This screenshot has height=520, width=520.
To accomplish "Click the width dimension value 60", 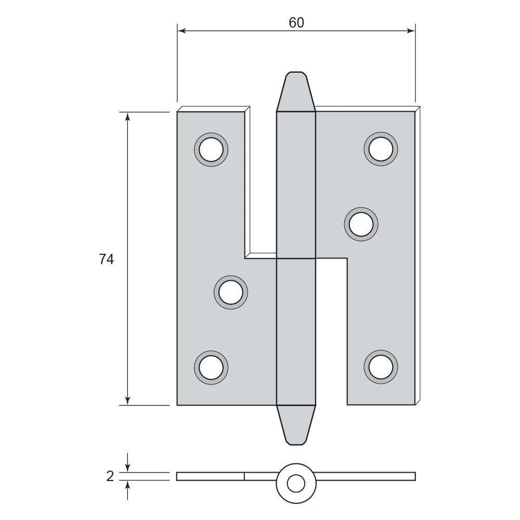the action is click(x=296, y=22).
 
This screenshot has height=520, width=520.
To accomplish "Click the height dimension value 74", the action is click(x=107, y=259).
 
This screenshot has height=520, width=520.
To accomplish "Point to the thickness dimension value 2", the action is click(x=110, y=476).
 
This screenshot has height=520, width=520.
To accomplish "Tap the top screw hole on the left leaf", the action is click(x=211, y=150).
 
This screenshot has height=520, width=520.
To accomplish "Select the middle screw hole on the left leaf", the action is click(x=231, y=292).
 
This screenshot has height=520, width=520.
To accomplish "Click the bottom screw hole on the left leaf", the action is click(x=211, y=368).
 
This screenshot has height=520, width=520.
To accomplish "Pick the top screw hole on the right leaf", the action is click(x=381, y=149).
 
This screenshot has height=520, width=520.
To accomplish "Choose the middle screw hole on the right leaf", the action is click(x=361, y=224).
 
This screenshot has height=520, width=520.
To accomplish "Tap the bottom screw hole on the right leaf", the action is click(x=381, y=367).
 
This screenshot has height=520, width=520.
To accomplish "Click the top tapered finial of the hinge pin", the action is click(x=296, y=92).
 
